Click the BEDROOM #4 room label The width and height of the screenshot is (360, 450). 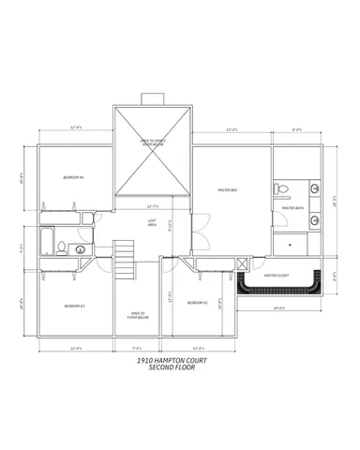point(74,177)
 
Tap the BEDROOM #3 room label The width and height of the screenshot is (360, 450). point(75,306)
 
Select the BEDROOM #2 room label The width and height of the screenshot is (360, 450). point(197,303)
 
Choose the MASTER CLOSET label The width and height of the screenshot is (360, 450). point(277,276)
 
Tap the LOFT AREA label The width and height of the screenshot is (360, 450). point(152,222)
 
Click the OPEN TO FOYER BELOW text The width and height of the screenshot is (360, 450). point(139,316)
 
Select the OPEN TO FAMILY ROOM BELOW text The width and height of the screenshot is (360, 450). point(153,144)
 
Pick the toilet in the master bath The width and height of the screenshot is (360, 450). point(280,190)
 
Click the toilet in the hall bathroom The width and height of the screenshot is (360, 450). point(61,248)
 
